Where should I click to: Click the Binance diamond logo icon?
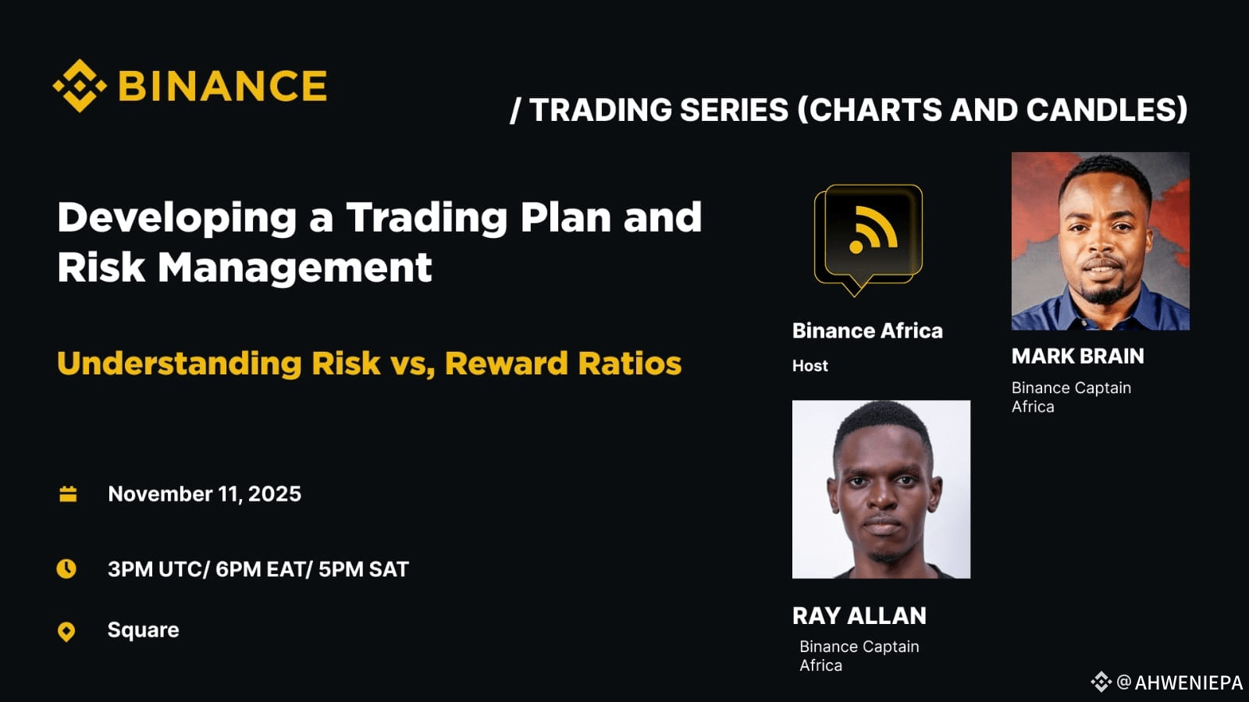[x=80, y=86]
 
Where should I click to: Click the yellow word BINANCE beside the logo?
[x=222, y=86]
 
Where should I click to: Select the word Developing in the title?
[x=176, y=218]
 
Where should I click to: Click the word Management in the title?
[x=294, y=268]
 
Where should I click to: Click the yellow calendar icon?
[x=68, y=494]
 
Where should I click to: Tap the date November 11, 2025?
[x=205, y=494]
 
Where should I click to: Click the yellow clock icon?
[x=66, y=569]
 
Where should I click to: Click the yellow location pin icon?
[x=66, y=632]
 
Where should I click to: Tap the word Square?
[x=144, y=630]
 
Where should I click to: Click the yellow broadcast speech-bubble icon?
[x=868, y=239]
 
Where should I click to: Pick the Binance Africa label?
[x=867, y=331]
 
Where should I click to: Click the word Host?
[x=810, y=366]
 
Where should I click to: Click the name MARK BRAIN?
[x=1078, y=356]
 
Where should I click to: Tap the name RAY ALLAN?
[x=859, y=616]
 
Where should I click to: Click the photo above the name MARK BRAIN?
[x=1101, y=241]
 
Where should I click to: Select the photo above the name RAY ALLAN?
[x=881, y=489]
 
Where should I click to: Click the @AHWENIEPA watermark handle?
[x=1180, y=682]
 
